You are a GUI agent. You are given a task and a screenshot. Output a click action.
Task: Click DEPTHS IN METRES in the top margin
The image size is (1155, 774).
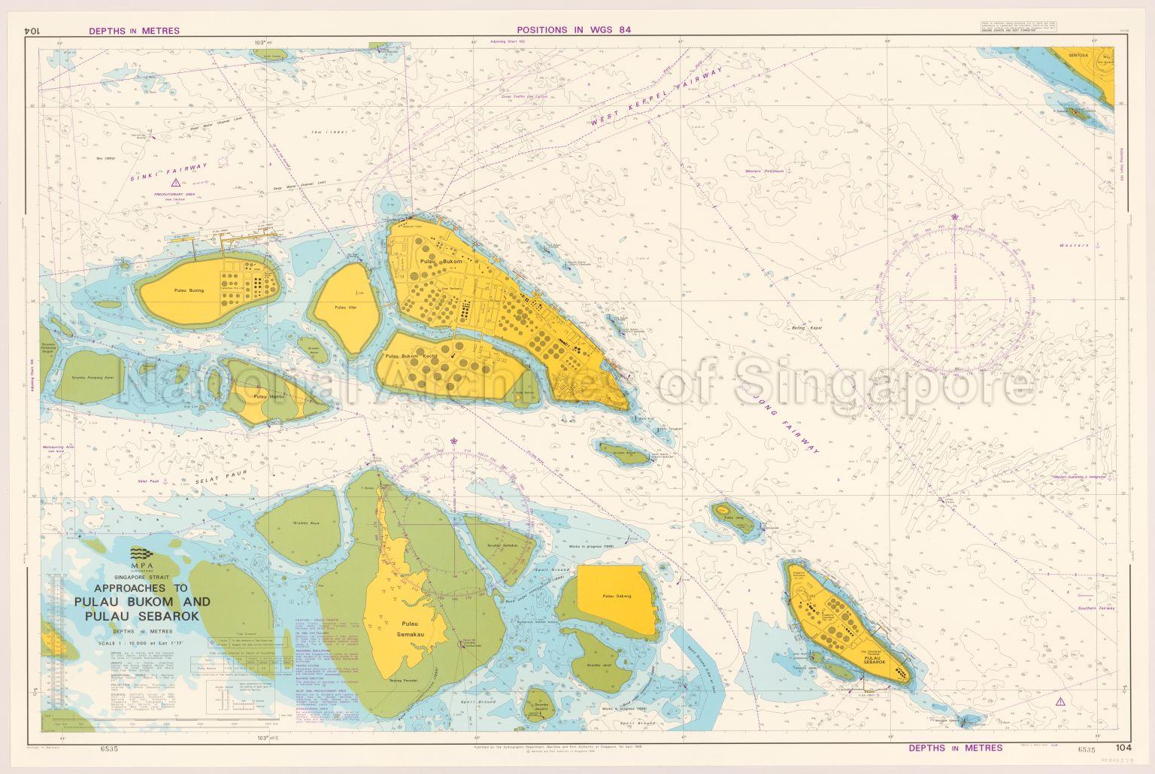click(134, 31)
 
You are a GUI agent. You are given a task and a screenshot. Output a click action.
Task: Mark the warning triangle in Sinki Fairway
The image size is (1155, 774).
click(174, 183)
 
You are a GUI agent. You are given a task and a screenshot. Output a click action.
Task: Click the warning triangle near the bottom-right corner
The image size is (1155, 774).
click(1060, 701)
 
